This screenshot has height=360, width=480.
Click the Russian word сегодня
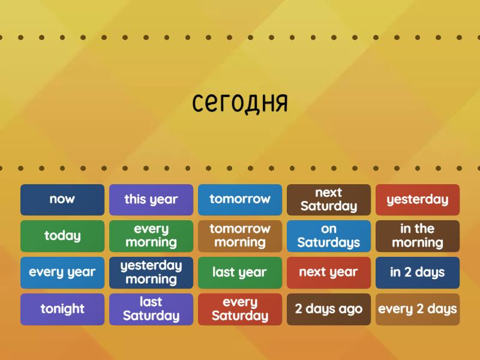coord(240,103)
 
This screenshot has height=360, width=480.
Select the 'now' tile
coord(62,199)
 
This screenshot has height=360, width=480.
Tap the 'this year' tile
coord(151,199)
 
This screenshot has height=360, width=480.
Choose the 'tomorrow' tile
coord(240,199)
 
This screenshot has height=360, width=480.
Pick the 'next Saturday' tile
coord(329,199)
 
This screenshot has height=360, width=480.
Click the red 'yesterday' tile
coord(418,199)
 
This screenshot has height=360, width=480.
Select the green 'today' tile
coord(62,236)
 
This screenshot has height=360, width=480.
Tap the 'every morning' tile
coord(151,236)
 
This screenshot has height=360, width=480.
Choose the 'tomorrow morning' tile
coord(240,236)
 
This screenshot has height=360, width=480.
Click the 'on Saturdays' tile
coord(329,236)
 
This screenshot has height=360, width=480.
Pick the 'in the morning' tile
coord(418,236)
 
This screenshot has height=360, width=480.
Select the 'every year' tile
coord(62,272)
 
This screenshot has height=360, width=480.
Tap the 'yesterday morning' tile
coord(151,272)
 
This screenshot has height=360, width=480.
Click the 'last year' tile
coord(240,272)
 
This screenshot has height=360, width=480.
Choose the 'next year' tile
coord(329,272)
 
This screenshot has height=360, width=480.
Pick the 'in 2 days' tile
coord(418,272)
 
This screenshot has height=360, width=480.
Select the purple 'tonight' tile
coord(62,309)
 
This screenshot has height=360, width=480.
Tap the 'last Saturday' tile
coord(151,309)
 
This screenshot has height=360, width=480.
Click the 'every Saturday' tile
coord(240,309)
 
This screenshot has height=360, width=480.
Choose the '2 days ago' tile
coord(329,309)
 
